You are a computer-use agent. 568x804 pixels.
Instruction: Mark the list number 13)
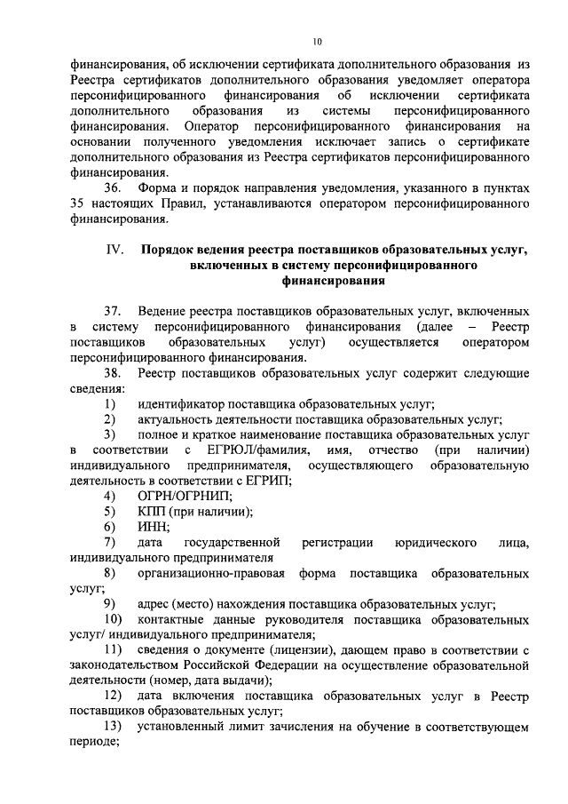click(113, 727)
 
